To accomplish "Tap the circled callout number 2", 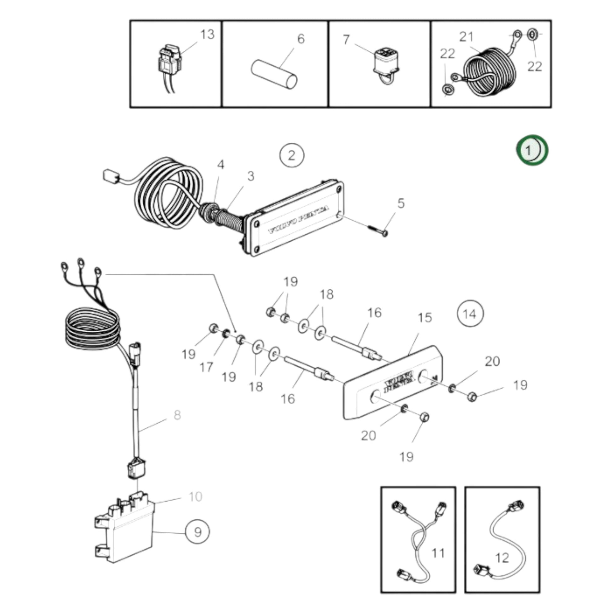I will point(292,156).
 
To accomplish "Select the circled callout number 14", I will point(470,314).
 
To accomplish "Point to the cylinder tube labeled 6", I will point(274,74).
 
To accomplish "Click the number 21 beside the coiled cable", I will point(466,37).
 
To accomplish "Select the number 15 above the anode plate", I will point(425,317).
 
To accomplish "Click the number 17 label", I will point(206,367).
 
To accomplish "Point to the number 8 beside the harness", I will point(177,415).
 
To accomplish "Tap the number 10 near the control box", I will point(195,496).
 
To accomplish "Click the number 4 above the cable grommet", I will point(221,165).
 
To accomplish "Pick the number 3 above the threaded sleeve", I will point(251,176).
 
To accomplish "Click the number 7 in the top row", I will point(346,40).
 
